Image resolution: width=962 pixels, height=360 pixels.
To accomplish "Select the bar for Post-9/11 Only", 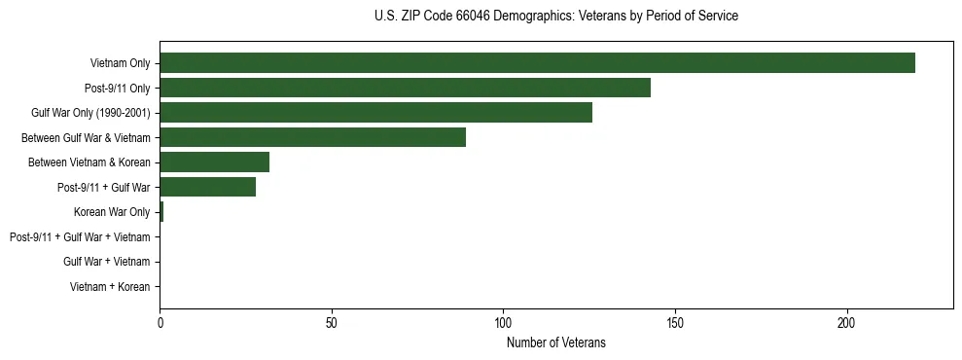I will pos(405,88).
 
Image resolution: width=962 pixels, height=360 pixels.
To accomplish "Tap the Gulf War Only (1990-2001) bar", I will pos(375,113).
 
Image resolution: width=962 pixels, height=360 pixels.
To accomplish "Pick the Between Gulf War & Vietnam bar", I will pos(312,137).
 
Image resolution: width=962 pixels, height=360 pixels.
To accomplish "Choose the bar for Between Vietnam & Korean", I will pos(214,162).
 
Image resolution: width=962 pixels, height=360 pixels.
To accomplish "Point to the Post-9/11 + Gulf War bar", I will pos(207,187).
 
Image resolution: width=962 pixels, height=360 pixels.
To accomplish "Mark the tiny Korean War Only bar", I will pos(161,212).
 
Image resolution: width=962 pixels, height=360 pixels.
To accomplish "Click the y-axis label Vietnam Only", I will pos(120,64).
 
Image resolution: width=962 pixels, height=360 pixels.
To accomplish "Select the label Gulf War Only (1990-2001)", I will pos(90,114).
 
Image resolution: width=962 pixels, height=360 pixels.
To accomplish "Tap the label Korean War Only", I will pos(112,212).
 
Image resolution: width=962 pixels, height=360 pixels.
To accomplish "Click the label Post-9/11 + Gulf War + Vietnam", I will pos(80,237).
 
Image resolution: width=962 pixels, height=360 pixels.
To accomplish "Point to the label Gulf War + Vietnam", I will pos(107,262).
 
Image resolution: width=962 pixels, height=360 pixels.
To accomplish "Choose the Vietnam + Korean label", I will pos(110,287).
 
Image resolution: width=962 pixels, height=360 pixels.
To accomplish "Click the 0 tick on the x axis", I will pos(160,323).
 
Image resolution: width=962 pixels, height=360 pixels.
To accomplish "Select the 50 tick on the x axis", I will pos(332,323).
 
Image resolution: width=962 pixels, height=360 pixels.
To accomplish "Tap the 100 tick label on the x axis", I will pos(503,323).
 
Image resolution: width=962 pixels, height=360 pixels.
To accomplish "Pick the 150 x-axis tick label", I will pos(675,323).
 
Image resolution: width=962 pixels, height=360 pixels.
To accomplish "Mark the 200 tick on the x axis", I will pos(847,323).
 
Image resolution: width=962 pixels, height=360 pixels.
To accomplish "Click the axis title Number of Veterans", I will pos(556,342).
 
